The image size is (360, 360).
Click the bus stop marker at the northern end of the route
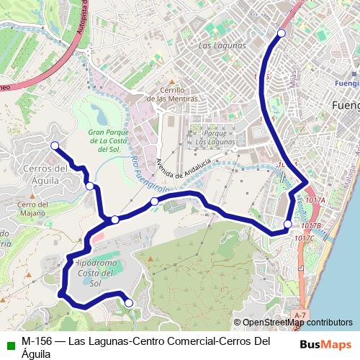click(x=282, y=33)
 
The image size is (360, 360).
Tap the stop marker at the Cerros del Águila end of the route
click(x=54, y=145)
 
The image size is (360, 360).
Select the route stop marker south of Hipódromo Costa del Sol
click(x=129, y=303)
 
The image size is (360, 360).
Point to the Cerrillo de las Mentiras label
click(x=169, y=94)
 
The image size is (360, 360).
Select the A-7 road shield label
click(x=300, y=315)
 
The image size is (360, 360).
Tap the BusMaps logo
click(x=325, y=343)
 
